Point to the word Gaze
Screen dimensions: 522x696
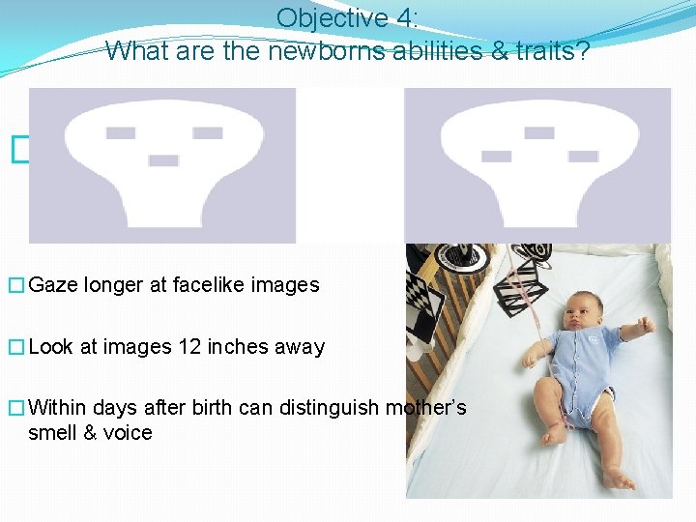(x=54, y=284)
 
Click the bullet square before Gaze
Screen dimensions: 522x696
(x=15, y=285)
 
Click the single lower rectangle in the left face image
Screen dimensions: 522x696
(x=163, y=159)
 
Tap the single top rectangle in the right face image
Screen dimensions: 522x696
(x=539, y=132)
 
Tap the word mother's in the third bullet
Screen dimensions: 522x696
(x=426, y=408)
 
